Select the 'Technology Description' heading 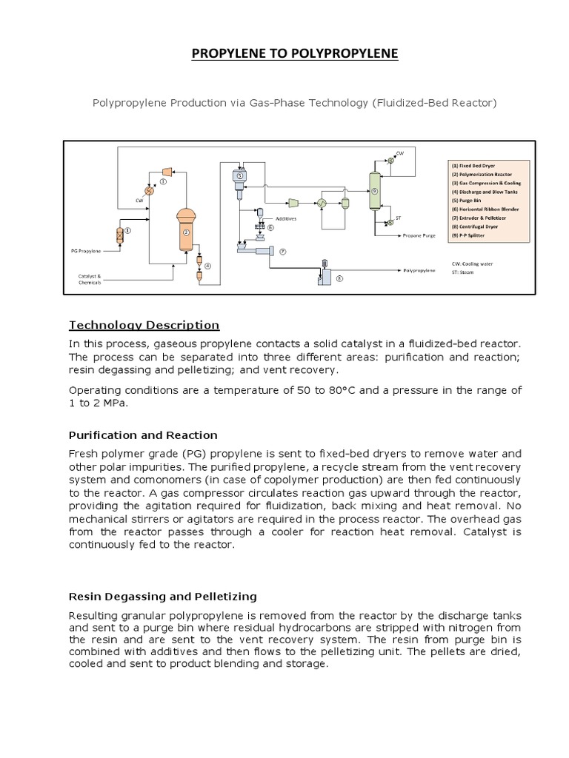[x=144, y=325]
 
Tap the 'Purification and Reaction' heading [x=143, y=435]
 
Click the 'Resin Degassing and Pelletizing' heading [x=162, y=596]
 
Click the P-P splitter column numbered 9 [x=374, y=190]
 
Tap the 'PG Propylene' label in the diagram [x=85, y=252]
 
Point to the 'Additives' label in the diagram [x=286, y=219]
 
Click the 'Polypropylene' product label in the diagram [x=419, y=272]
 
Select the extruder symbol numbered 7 [x=253, y=251]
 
